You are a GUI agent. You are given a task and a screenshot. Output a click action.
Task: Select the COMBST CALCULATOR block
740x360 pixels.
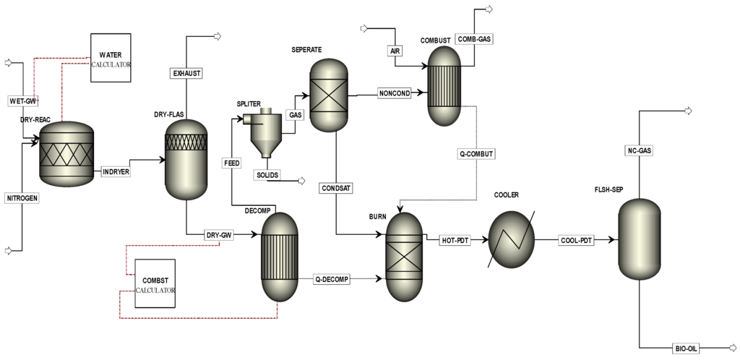click(155, 285)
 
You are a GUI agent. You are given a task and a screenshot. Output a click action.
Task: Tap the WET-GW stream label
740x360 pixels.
click(22, 100)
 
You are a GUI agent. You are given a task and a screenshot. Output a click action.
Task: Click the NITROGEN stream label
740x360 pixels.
click(22, 198)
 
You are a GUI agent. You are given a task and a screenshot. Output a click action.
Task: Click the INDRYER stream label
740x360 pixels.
click(116, 171)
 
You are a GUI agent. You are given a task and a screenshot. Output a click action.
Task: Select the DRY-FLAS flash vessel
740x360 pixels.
click(186, 160)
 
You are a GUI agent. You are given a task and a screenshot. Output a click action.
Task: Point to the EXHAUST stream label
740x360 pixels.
click(186, 73)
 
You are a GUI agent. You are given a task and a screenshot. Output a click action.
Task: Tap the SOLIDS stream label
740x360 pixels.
click(267, 175)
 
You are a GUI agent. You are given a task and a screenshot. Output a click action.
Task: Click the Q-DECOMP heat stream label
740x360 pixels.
click(332, 279)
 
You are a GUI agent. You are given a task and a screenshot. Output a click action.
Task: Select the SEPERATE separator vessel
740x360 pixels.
click(329, 93)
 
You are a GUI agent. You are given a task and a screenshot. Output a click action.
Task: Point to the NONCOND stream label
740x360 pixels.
click(395, 93)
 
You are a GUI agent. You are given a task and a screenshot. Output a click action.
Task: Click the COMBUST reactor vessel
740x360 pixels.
click(442, 86)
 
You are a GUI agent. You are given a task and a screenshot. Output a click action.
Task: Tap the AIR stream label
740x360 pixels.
click(395, 51)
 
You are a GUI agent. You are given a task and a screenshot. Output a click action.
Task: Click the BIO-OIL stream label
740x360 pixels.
click(686, 348)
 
